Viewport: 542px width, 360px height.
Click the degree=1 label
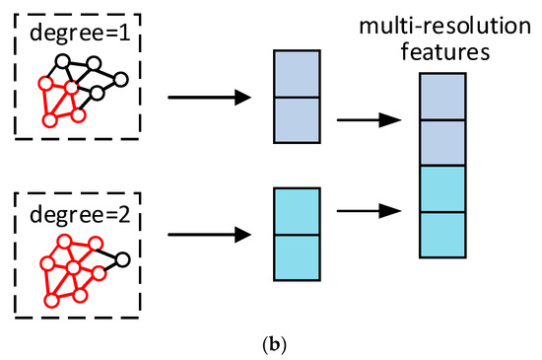coord(77,33)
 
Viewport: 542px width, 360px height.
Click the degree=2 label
coord(77,215)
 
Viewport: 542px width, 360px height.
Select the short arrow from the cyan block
coord(369,210)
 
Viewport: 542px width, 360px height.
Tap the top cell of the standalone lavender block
coord(298,75)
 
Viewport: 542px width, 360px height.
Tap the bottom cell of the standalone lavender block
coord(298,120)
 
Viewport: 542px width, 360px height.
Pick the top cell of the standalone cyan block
coord(298,211)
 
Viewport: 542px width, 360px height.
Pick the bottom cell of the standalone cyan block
coord(298,256)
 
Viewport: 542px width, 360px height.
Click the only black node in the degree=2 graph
coord(123,260)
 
